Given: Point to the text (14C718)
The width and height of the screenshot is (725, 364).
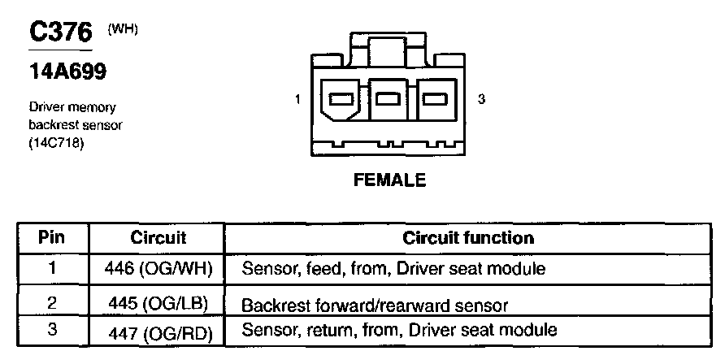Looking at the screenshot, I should tap(56, 145).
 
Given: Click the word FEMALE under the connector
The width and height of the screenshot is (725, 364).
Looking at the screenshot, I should tap(389, 180).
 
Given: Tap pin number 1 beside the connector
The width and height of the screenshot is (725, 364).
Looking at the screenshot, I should tap(298, 100).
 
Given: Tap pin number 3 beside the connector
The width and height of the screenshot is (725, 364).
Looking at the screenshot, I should tap(481, 100).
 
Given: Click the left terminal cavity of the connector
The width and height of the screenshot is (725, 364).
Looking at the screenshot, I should tap(341, 100).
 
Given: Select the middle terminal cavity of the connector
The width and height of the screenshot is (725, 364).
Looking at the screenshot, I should tap(389, 100).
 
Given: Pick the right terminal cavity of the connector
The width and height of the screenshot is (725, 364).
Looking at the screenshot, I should tap(437, 100).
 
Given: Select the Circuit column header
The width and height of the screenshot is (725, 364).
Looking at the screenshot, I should tap(158, 238).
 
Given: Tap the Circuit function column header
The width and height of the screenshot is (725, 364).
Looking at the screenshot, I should tap(468, 238).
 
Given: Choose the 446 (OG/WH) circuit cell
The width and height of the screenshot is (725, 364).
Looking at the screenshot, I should tap(158, 268).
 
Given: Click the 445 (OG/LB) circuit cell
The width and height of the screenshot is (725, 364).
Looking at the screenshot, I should tap(158, 304).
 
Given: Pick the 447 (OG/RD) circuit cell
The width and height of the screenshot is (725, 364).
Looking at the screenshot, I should tap(158, 330).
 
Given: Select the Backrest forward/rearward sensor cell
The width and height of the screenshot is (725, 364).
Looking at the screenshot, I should tap(375, 305).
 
